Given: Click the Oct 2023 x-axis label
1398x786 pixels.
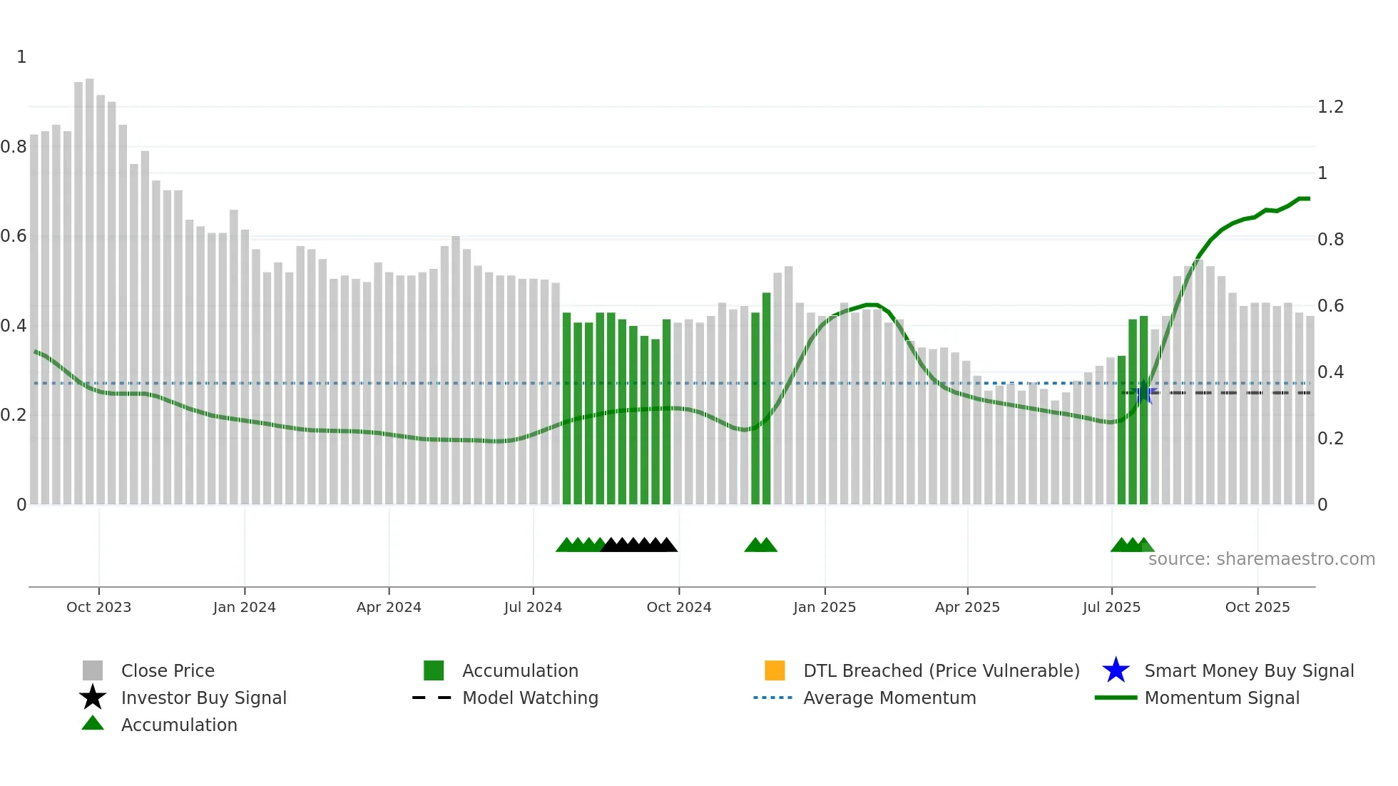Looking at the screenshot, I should click(98, 607).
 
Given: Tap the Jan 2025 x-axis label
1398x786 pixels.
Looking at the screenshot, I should click(824, 607).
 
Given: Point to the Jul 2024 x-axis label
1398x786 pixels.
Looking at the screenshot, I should click(533, 607).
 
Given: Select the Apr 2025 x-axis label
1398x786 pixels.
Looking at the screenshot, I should click(967, 607).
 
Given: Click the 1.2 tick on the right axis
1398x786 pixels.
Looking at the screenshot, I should click(1330, 107).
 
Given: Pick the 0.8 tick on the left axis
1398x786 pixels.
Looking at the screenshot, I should click(14, 147).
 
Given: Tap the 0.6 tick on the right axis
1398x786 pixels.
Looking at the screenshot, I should click(1330, 306).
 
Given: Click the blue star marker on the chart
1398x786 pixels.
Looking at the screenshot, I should click(1143, 392).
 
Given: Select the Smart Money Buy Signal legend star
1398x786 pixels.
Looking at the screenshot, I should click(1116, 670).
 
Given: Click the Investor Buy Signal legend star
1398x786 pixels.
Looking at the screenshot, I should click(93, 698).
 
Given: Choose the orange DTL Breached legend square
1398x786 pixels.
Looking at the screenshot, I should click(775, 670).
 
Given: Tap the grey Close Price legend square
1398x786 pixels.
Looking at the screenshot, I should click(93, 670).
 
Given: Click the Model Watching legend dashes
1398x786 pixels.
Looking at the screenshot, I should click(432, 698).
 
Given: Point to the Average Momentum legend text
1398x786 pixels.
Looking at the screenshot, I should click(889, 698).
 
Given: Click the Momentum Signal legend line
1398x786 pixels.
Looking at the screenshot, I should click(1116, 698).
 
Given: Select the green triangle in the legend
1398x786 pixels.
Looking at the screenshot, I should click(93, 723).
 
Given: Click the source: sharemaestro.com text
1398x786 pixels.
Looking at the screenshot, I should click(1261, 559).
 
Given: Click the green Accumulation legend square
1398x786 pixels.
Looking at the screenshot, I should click(434, 670).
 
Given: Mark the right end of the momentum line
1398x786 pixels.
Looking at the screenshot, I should click(1309, 198).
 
